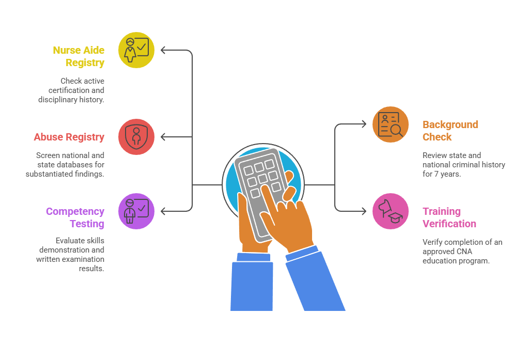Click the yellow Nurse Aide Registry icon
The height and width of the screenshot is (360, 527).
point(136,50)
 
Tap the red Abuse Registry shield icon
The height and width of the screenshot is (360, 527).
point(136,137)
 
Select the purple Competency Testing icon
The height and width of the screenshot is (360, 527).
point(136,211)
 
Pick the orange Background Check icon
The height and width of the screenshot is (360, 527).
point(391,124)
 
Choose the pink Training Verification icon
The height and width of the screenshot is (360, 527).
point(391,211)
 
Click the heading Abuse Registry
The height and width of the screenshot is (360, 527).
point(69,137)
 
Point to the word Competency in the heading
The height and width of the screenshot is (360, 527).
point(75,211)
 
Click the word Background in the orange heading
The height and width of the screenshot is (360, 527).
point(451,124)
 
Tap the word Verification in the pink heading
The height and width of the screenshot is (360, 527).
point(450,224)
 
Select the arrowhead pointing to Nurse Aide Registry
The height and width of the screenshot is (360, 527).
point(164,50)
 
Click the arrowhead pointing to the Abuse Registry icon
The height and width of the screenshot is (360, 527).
point(164,137)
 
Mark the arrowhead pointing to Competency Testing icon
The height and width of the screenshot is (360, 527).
point(164,211)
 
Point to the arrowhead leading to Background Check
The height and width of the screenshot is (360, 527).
point(363,124)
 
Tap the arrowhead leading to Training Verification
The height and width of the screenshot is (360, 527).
point(363,211)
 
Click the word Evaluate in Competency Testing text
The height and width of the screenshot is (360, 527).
point(69,241)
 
